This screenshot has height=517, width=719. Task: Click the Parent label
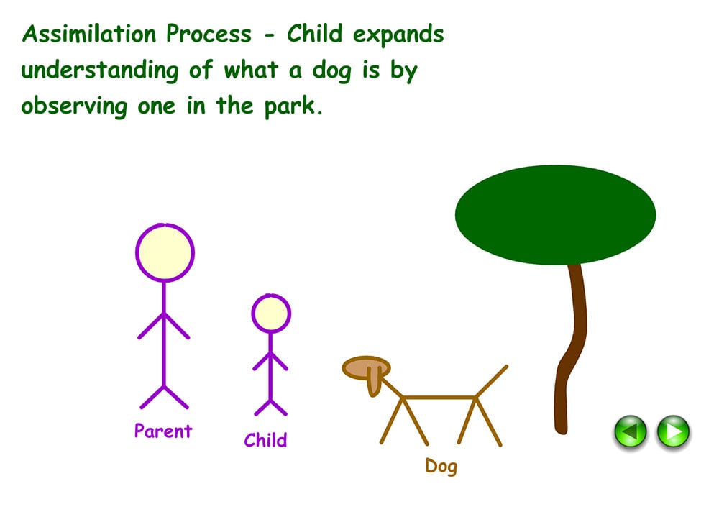click(x=163, y=431)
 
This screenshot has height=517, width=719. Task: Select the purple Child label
click(x=265, y=440)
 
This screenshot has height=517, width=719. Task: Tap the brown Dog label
click(x=441, y=466)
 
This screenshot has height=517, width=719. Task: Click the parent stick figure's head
click(x=165, y=252)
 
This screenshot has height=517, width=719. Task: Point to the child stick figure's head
click(x=270, y=314)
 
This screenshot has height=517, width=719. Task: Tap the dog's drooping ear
click(x=373, y=381)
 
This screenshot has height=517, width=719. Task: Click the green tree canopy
click(x=555, y=214)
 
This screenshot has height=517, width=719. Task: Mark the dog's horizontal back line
click(x=439, y=397)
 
